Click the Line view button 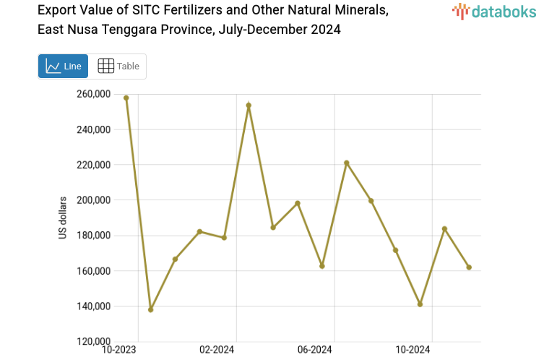pyautogui.click(x=63, y=67)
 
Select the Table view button pyautogui.click(x=118, y=67)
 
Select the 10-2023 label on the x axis pyautogui.click(x=119, y=351)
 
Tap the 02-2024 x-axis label pyautogui.click(x=216, y=351)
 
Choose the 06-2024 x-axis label pyautogui.click(x=314, y=351)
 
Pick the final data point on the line pyautogui.click(x=469, y=267)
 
